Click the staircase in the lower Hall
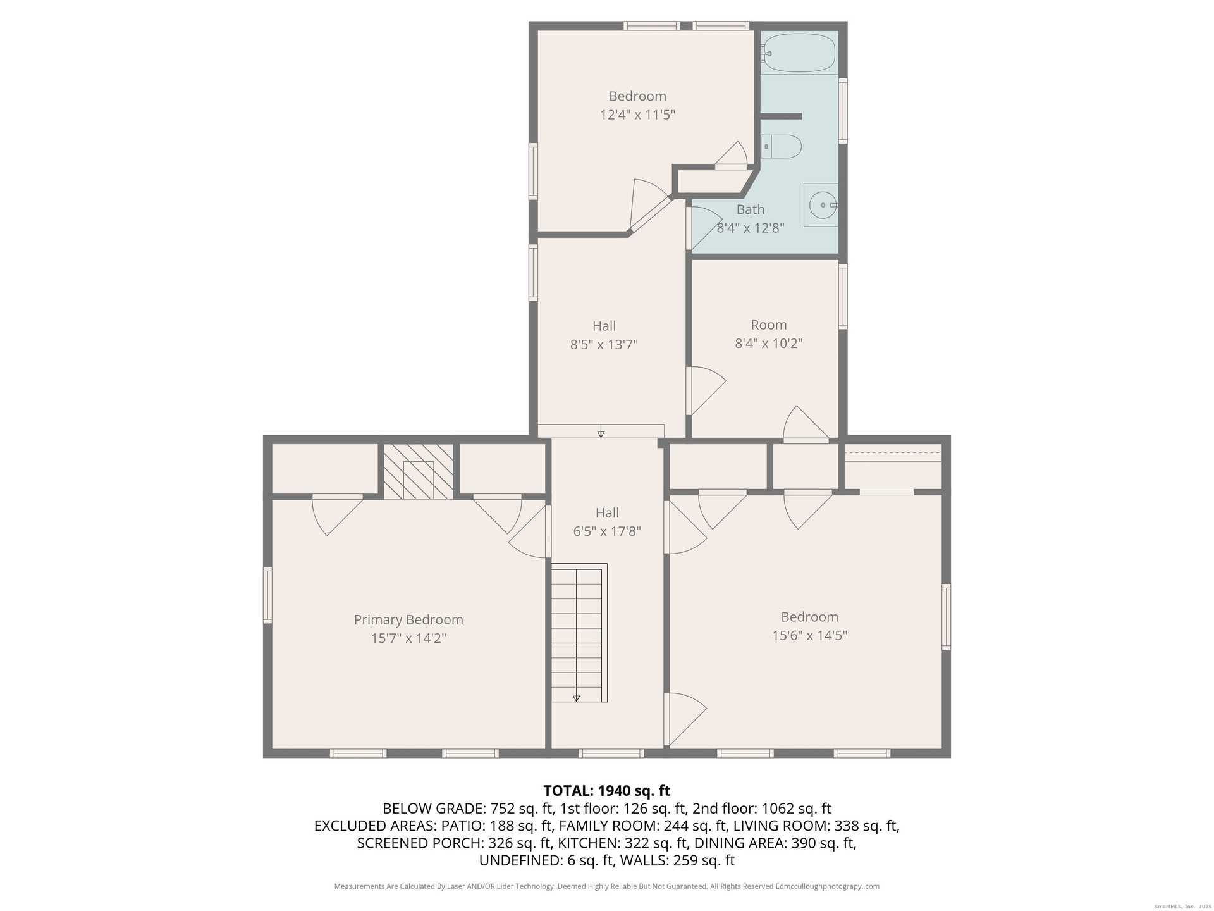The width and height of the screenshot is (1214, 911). click(579, 633)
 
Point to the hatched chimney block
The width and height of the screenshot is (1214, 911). click(419, 471)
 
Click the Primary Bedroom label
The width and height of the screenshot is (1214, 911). click(408, 619)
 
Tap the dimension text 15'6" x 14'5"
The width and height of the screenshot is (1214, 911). click(809, 635)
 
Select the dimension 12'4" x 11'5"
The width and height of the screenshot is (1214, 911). click(637, 115)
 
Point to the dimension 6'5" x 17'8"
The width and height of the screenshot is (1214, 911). click(607, 531)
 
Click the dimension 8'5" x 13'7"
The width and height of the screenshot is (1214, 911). click(604, 345)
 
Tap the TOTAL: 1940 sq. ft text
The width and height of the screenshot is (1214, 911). click(607, 791)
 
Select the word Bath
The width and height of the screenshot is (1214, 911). click(751, 209)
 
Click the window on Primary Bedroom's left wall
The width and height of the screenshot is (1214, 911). click(267, 595)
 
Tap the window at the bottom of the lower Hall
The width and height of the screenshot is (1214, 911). click(611, 753)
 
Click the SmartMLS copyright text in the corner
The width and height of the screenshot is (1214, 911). click(1180, 907)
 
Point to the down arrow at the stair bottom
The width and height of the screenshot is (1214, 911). click(577, 698)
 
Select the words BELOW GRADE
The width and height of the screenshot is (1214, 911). click(432, 809)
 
